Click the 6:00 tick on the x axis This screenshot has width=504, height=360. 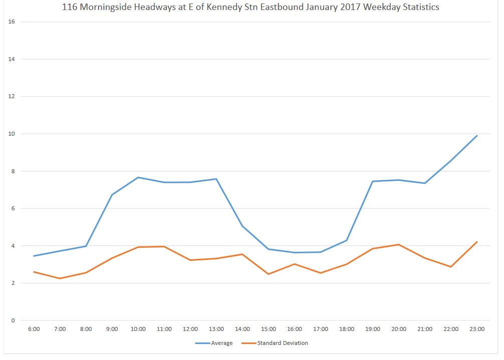click(x=34, y=329)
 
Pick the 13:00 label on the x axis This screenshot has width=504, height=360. click(x=216, y=329)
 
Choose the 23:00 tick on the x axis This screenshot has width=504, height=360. click(x=476, y=329)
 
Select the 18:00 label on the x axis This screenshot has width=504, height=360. click(x=347, y=329)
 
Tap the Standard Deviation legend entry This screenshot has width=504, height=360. click(x=282, y=343)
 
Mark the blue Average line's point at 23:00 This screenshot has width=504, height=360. click(x=476, y=136)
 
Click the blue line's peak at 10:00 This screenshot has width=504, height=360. click(x=138, y=177)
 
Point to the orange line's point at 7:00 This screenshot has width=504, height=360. click(x=60, y=278)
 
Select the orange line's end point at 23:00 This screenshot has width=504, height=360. click(x=476, y=242)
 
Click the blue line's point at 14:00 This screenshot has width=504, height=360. click(x=242, y=226)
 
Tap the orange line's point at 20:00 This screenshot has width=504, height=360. click(x=399, y=244)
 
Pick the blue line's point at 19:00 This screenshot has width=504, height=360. click(x=373, y=181)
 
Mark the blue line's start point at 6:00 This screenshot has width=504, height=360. click(x=34, y=256)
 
